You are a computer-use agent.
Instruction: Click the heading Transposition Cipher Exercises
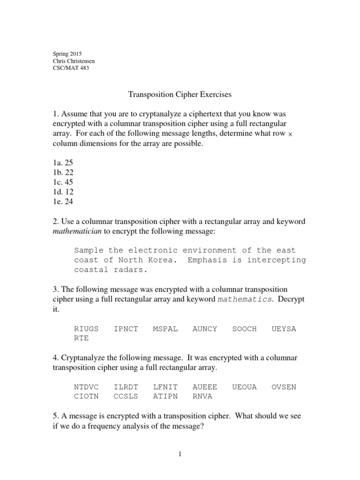[180, 95]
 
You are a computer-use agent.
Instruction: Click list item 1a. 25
[63, 163]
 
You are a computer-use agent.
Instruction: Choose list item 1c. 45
[63, 182]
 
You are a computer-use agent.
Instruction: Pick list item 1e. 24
[63, 202]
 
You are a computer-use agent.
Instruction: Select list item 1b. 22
[63, 172]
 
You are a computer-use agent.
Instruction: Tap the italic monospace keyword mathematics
[245, 299]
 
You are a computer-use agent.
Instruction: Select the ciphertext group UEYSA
[284, 329]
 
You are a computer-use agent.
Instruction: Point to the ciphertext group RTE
[81, 338]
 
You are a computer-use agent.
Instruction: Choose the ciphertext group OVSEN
[284, 387]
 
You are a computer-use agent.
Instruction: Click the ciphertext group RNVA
[202, 397]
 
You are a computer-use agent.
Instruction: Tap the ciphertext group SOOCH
[245, 329]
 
